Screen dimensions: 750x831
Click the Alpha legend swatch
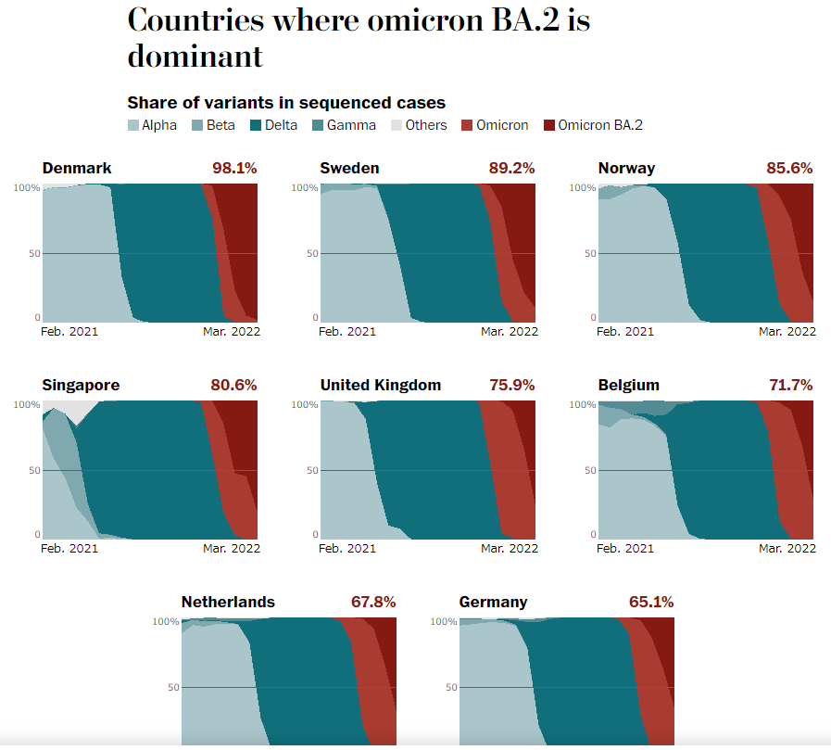pyautogui.click(x=133, y=125)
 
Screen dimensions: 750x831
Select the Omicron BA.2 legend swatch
pyautogui.click(x=548, y=125)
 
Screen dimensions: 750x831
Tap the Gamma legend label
pyautogui.click(x=351, y=125)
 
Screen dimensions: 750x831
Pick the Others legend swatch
pyautogui.click(x=397, y=125)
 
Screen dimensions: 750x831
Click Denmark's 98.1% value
pyautogui.click(x=234, y=168)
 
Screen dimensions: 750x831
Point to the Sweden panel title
pyautogui.click(x=349, y=168)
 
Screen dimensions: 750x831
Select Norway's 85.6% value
pyautogui.click(x=789, y=168)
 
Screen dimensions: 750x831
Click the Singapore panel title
pyautogui.click(x=81, y=385)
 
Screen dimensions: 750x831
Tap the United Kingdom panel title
pyautogui.click(x=381, y=385)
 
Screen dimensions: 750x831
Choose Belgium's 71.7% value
pyautogui.click(x=790, y=385)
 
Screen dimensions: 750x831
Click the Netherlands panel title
pyautogui.click(x=228, y=602)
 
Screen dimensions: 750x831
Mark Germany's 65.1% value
pyautogui.click(x=651, y=602)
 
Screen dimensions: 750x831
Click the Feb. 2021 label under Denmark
pyautogui.click(x=69, y=331)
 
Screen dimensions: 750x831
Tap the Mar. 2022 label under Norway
pyautogui.click(x=787, y=331)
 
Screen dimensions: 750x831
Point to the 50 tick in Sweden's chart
pyautogui.click(x=313, y=253)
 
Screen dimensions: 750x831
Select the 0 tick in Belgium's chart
pyautogui.click(x=593, y=535)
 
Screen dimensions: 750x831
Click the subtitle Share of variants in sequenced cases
pyautogui.click(x=286, y=103)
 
